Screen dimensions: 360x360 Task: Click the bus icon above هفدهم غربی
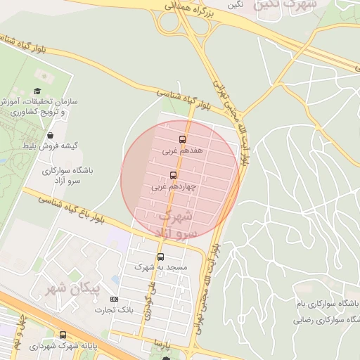pos(183,139)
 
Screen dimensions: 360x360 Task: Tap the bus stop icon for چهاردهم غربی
pos(174,175)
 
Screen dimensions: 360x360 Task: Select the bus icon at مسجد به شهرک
pos(160,257)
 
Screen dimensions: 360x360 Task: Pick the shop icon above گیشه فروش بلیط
pos(51,134)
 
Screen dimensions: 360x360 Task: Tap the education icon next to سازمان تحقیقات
pos(37,91)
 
